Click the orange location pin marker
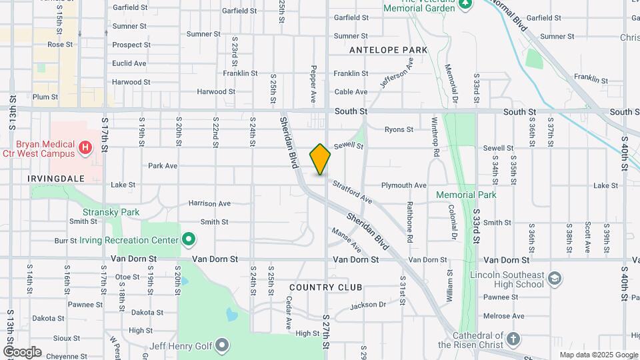(320, 159)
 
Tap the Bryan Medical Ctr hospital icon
(85, 147)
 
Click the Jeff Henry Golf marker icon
(222, 345)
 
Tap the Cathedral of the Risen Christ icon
(513, 339)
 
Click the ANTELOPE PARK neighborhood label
(388, 50)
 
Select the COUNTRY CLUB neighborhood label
(326, 287)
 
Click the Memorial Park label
(466, 195)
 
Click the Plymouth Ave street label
(403, 185)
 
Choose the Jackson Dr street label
(368, 305)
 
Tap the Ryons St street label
(399, 129)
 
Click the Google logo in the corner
(22, 352)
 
